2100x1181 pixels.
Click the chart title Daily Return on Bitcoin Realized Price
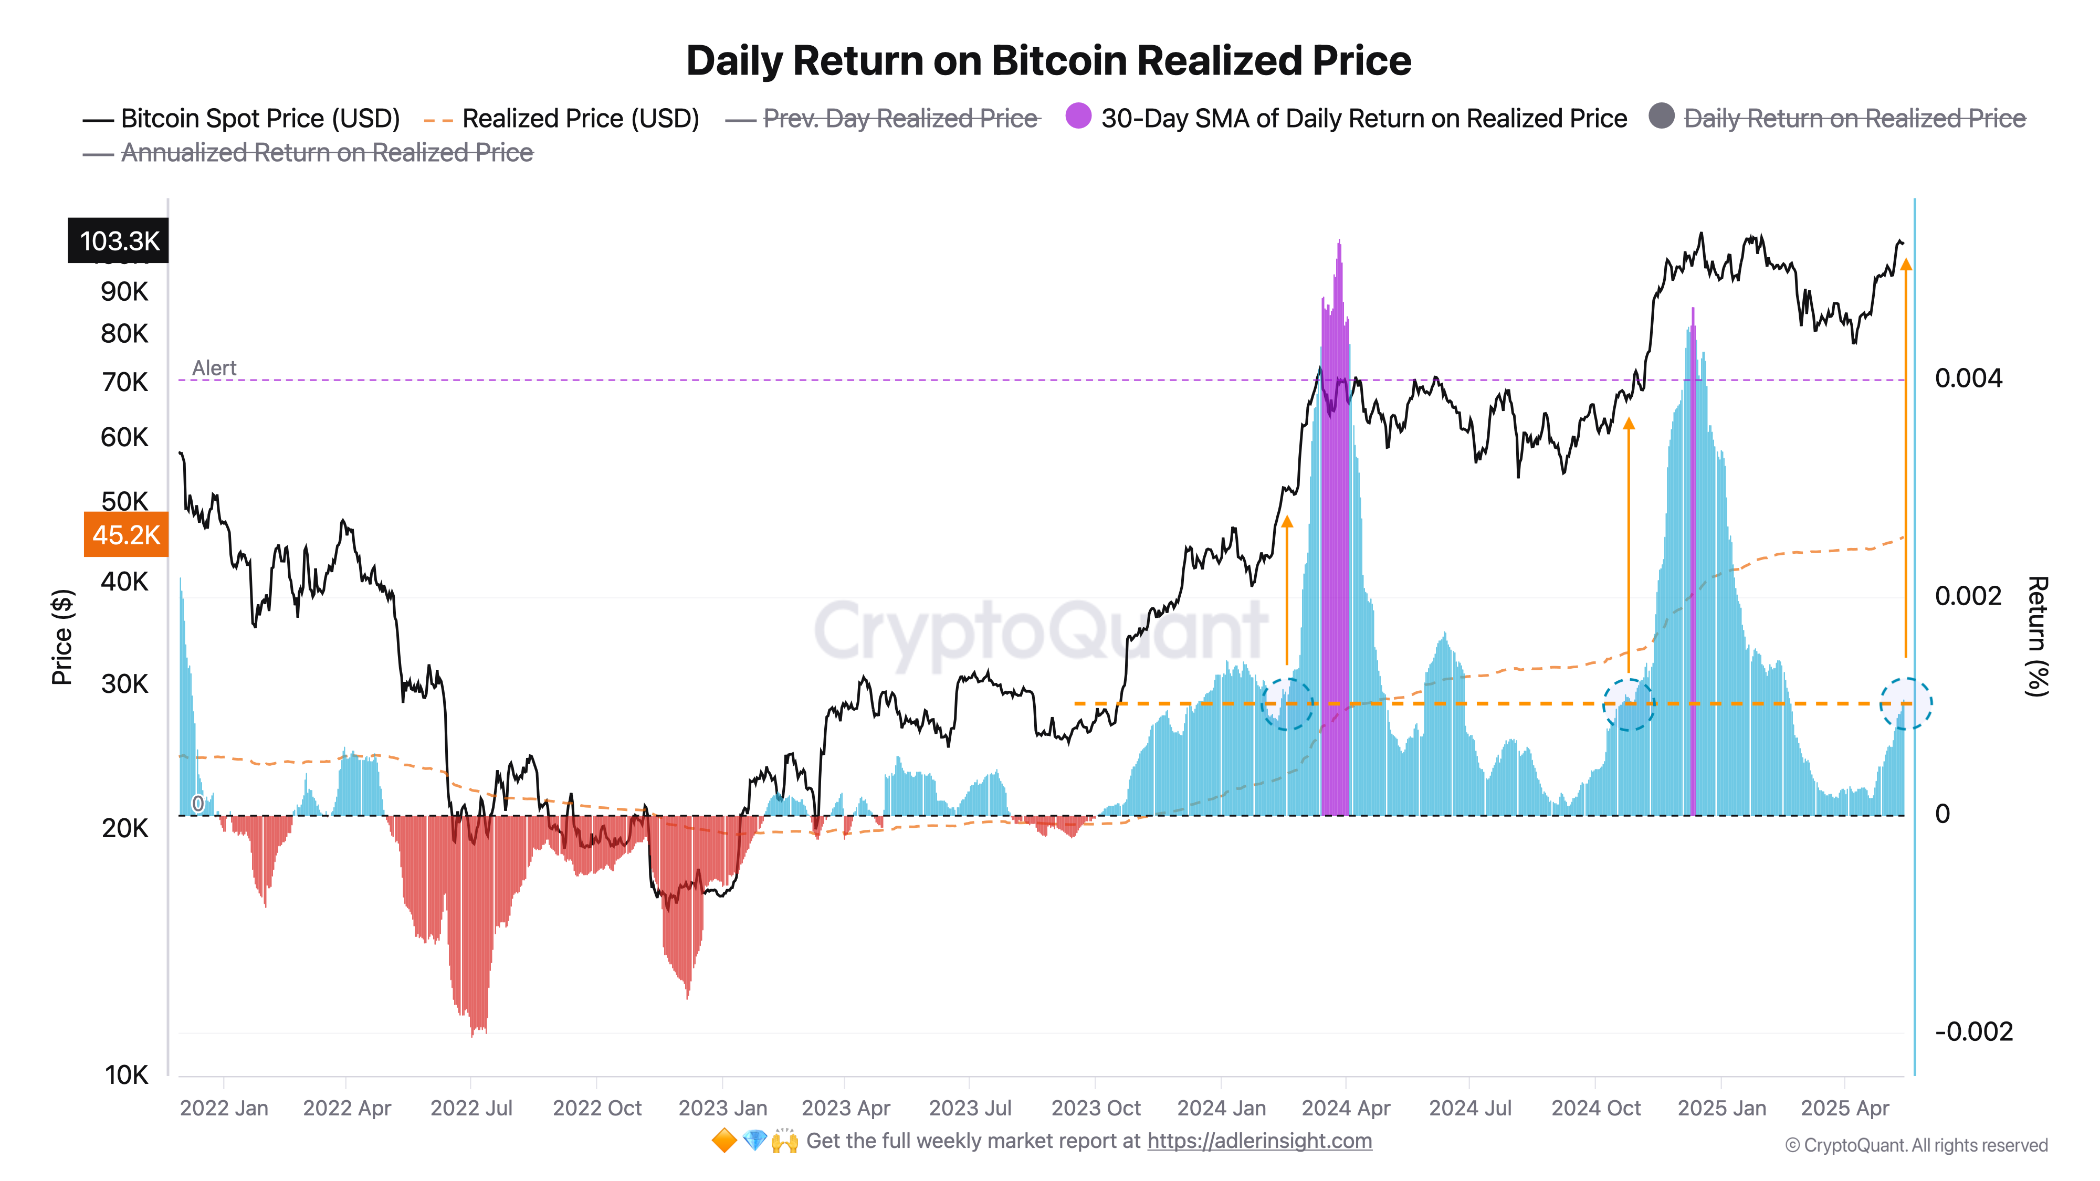pos(1048,61)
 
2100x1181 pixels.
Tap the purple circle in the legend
pos(1078,117)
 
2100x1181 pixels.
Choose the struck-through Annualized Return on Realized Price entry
pos(326,153)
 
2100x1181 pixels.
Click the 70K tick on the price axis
pos(125,382)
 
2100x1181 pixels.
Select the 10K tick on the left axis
pos(127,1075)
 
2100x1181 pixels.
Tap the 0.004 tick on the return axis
pos(1967,378)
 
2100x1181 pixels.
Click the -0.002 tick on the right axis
pos(1973,1032)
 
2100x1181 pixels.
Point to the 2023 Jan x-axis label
pos(722,1109)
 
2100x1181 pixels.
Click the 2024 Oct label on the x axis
pos(1595,1109)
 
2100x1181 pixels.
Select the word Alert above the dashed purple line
pos(214,368)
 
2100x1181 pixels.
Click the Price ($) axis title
pos(62,637)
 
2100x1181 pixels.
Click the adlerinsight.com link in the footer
pos(1259,1141)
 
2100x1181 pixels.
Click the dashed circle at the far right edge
pos(1905,703)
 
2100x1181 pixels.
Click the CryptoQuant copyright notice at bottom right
pos(1916,1146)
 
